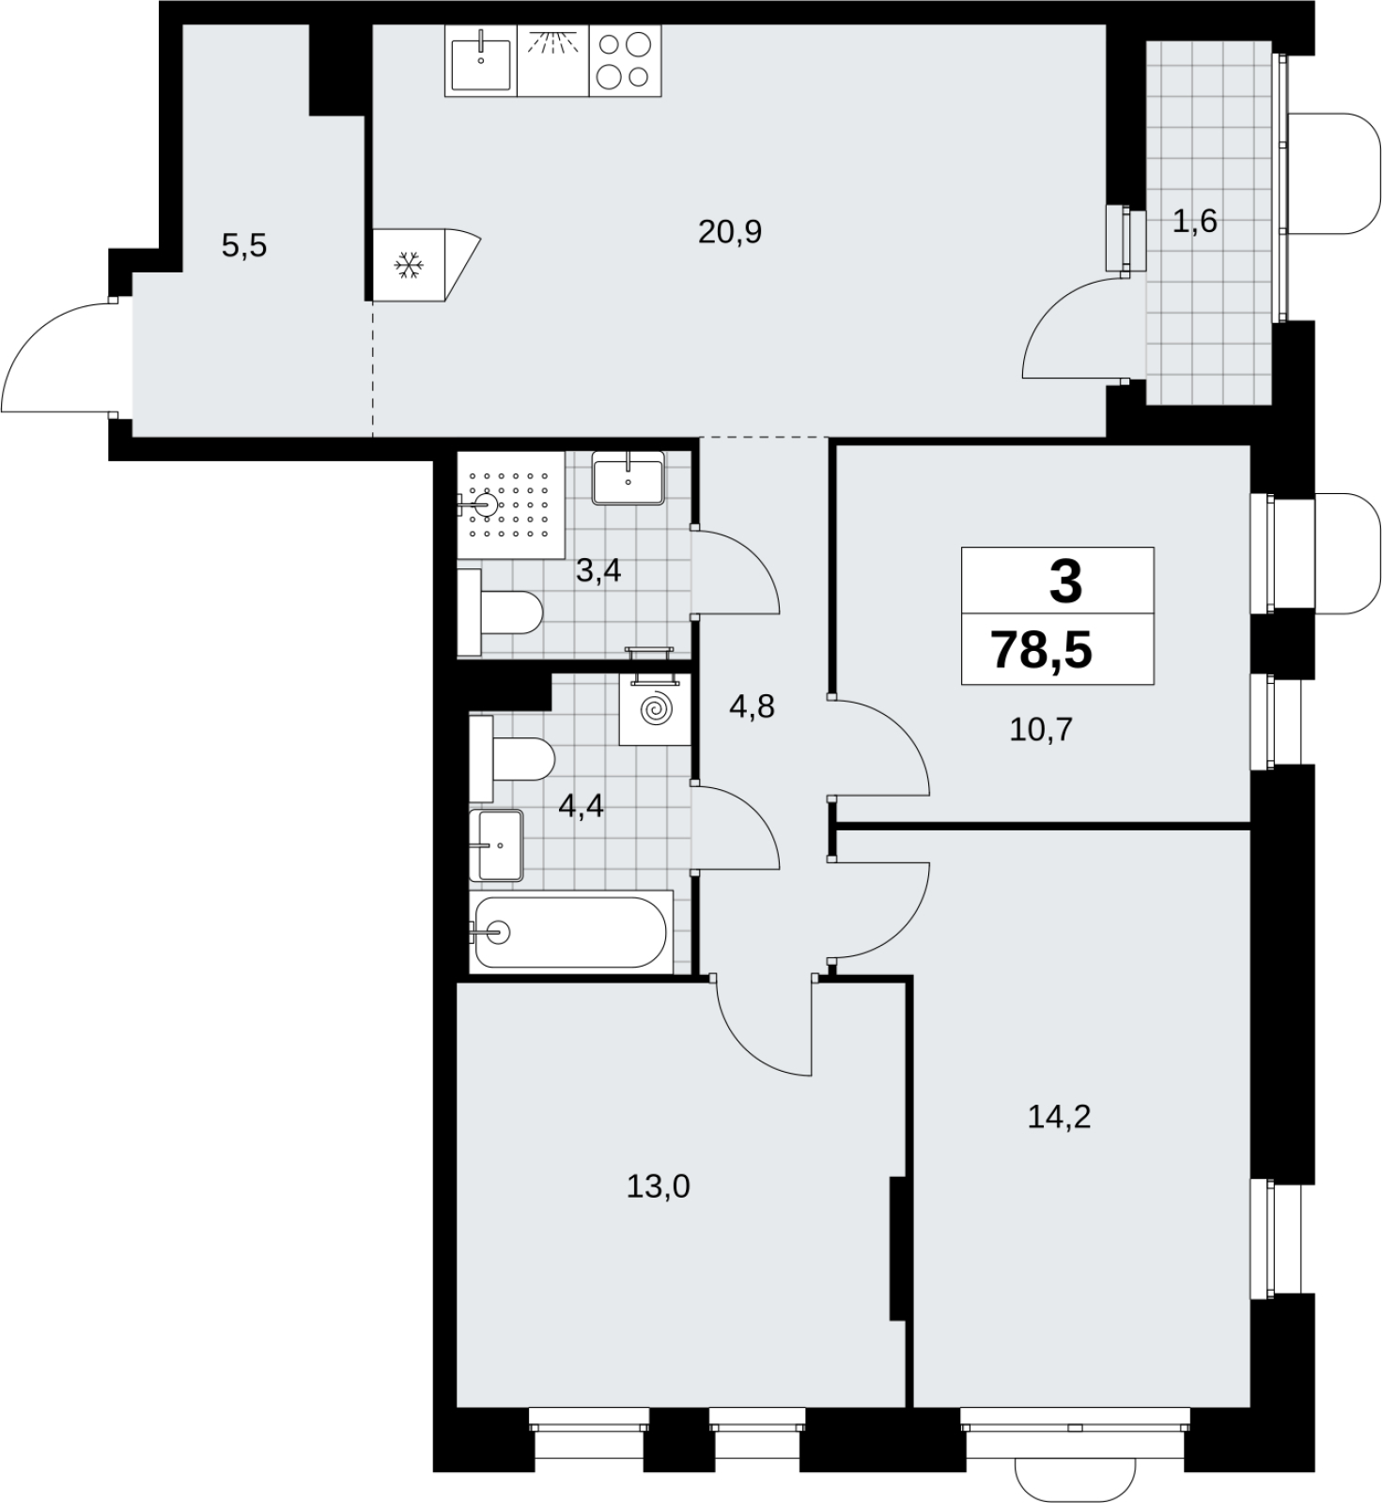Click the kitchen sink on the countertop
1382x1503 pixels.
coord(481,60)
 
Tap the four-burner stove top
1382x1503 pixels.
coord(625,60)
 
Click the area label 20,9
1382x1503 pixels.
coord(730,231)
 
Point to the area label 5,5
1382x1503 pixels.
coord(244,246)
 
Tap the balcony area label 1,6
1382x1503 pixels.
coord(1195,222)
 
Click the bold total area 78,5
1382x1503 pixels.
coord(1042,649)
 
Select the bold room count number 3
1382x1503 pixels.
coord(1065,581)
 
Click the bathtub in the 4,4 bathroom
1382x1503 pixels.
coord(572,932)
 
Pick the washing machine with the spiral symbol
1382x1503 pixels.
coord(656,709)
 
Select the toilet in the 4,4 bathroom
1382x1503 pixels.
coord(513,759)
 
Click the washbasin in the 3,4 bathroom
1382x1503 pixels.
coord(629,478)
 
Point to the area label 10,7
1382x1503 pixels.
coord(1041,729)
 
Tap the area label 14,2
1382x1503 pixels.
coord(1059,1117)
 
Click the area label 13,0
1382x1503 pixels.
coord(659,1187)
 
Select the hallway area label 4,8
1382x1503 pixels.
coord(753,706)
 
